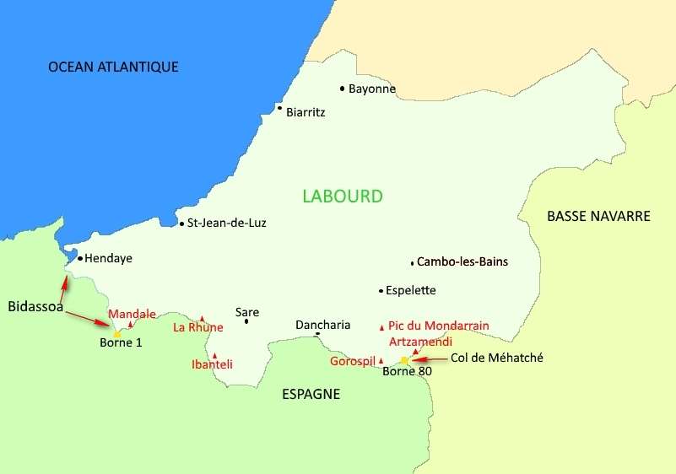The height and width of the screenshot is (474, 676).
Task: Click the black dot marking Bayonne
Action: pos(342,88)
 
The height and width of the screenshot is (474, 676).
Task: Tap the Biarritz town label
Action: pos(306,111)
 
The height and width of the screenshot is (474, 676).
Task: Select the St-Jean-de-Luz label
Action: pos(227,224)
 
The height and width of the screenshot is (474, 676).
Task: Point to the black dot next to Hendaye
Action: pos(79,259)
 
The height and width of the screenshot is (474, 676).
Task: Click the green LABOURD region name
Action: pos(342,197)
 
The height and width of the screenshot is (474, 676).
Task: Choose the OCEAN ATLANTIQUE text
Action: pos(113,67)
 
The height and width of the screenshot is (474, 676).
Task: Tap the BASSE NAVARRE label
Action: pos(598,216)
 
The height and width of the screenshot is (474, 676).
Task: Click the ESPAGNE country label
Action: pos(311,394)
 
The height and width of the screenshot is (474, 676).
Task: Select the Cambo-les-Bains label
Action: pos(462,261)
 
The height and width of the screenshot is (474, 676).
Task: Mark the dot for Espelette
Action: pos(381,291)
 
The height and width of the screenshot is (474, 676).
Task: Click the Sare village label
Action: pos(247,311)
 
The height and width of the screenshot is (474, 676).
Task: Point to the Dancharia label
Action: pos(322,325)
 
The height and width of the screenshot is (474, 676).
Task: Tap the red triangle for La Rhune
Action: pos(202,319)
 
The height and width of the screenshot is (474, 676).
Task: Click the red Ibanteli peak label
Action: pos(212,364)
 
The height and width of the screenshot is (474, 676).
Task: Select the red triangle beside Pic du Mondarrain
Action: pos(381,326)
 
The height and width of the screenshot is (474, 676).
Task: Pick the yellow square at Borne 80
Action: pos(404,360)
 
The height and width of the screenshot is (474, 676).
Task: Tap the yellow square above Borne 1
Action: pos(117,334)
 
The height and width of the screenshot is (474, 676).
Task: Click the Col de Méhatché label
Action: pos(497,358)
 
